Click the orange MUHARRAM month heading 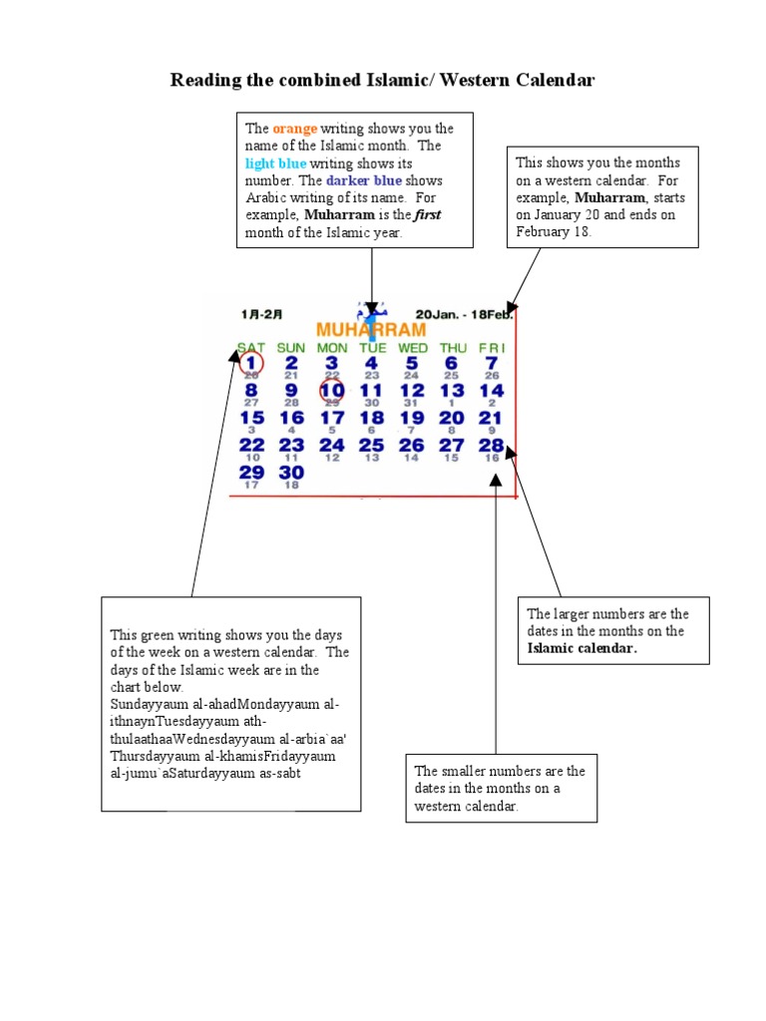(370, 329)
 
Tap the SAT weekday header (250, 348)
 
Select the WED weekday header (412, 348)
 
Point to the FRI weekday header (492, 348)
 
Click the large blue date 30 (291, 472)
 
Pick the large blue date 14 (492, 391)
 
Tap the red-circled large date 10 (332, 391)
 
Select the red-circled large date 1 (251, 364)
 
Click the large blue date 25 (372, 445)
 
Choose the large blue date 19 (412, 418)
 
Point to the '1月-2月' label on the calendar (261, 313)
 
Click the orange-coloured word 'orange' (295, 129)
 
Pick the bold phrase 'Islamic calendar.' (581, 648)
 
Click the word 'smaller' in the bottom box (462, 772)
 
